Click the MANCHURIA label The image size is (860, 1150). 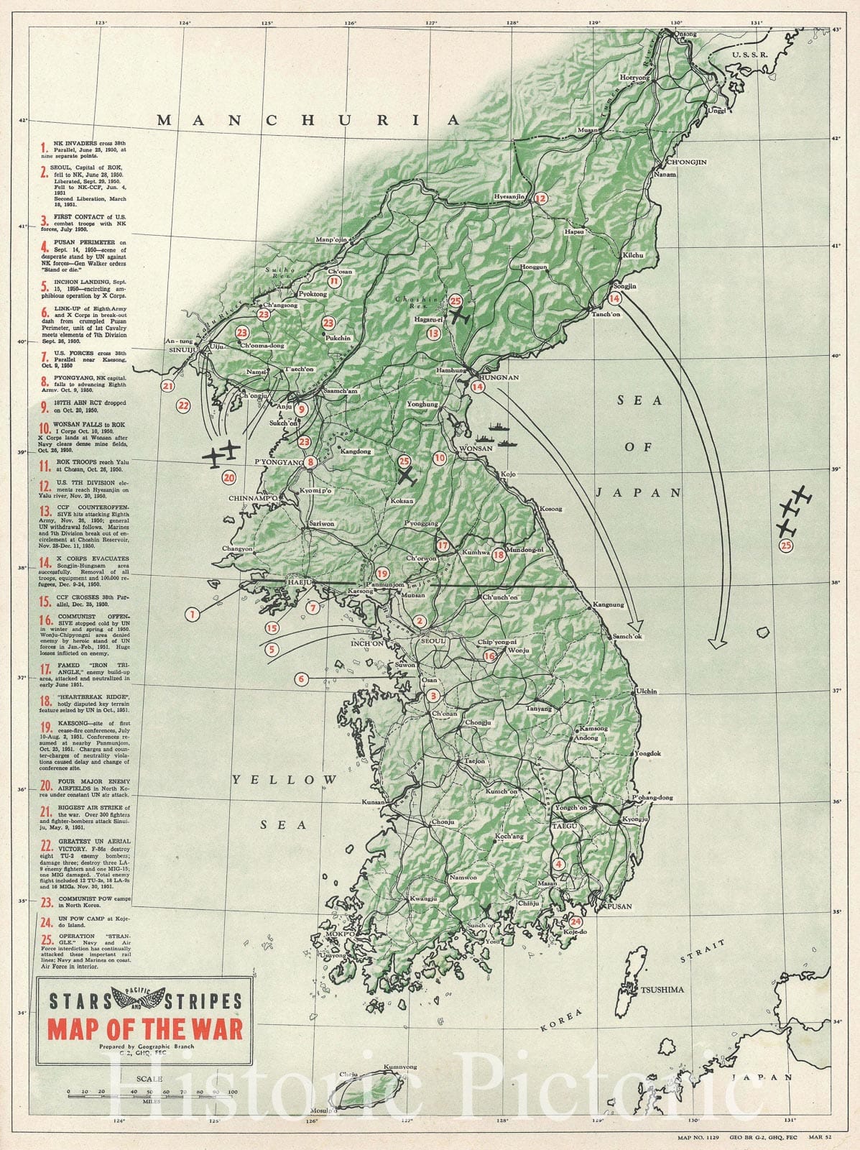[308, 120]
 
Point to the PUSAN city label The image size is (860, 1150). [619, 906]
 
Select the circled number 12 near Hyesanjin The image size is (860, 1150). [540, 198]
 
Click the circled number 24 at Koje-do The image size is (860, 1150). [575, 921]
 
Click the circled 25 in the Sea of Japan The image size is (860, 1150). [786, 546]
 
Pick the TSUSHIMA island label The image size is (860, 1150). [662, 990]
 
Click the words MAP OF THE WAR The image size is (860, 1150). [145, 1029]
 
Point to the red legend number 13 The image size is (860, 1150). [44, 510]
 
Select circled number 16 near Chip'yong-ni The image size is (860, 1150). [489, 655]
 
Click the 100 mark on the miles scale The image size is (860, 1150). [232, 1092]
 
